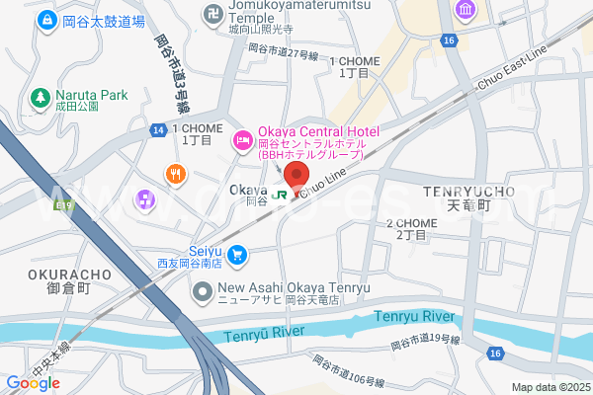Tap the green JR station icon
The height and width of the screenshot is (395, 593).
(x=280, y=194)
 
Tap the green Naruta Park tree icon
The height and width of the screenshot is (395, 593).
(x=41, y=97)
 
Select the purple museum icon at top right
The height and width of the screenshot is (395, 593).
(x=465, y=10)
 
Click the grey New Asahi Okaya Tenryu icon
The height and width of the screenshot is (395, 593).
(x=203, y=291)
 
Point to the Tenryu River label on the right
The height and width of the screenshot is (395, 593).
(x=415, y=316)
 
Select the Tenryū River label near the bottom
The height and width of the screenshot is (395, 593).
(x=264, y=334)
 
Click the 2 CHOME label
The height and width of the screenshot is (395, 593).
(x=411, y=223)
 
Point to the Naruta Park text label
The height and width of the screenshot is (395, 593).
(x=92, y=95)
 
